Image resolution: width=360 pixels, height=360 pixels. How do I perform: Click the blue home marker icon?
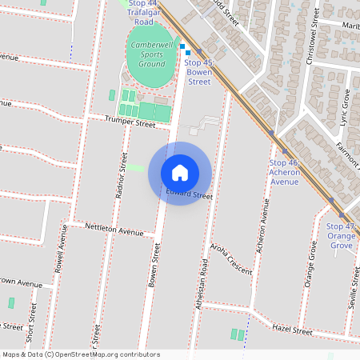pyautogui.click(x=180, y=172)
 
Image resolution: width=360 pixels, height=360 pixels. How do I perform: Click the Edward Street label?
pyautogui.click(x=190, y=195)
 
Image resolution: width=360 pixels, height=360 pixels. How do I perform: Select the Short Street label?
pyautogui.click(x=31, y=324)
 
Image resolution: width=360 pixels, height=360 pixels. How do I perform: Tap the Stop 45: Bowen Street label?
pyautogui.click(x=198, y=72)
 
